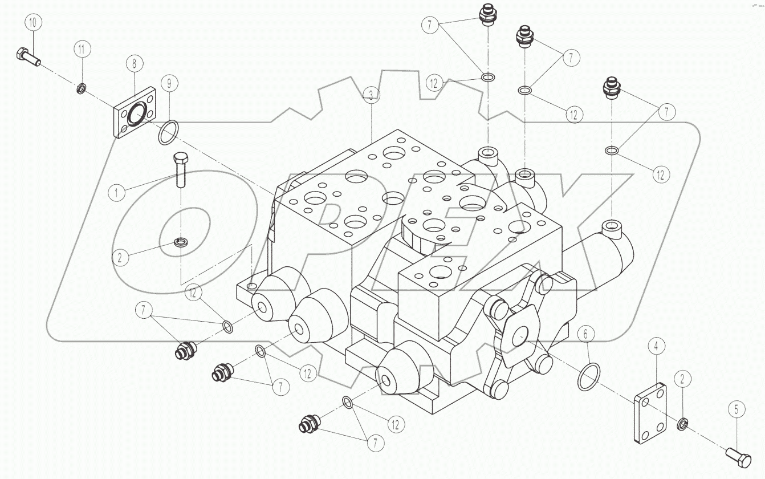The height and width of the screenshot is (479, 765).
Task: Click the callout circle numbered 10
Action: click(x=32, y=23)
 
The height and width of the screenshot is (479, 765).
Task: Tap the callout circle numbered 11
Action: click(x=82, y=50)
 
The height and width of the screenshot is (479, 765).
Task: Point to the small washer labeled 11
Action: click(x=82, y=88)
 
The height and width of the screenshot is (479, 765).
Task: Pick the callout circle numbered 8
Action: click(x=135, y=63)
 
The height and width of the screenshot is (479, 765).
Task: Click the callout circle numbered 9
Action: click(x=169, y=84)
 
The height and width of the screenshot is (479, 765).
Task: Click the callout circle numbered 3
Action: click(x=371, y=95)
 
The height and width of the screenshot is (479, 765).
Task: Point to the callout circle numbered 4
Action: click(x=656, y=346)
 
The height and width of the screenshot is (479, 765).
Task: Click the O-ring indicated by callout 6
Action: click(x=589, y=376)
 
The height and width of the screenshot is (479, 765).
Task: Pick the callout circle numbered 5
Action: click(x=736, y=409)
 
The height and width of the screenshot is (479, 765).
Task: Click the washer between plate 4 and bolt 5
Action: click(x=681, y=424)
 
